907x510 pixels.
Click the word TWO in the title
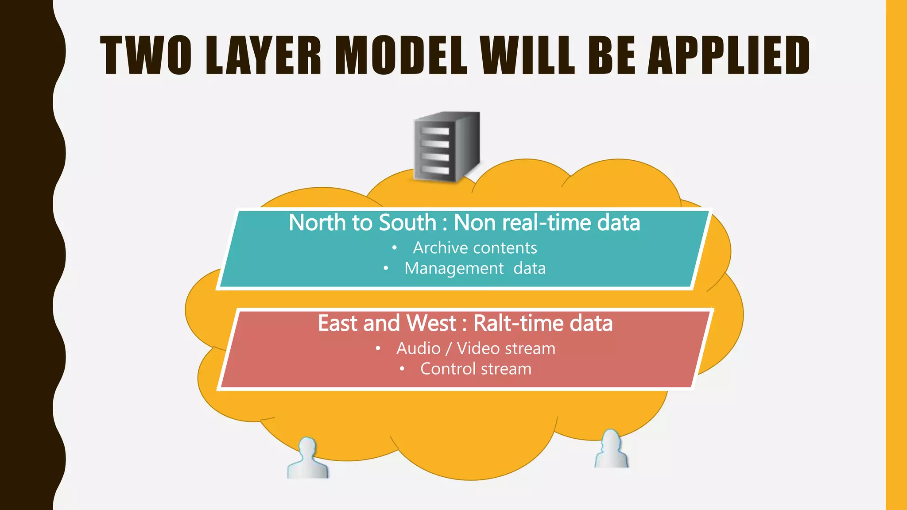146,55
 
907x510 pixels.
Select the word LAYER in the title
264,55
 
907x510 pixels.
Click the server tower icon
446,147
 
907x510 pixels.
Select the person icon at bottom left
308,459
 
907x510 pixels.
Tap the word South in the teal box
407,222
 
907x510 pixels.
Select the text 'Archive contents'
475,248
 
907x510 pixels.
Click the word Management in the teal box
454,268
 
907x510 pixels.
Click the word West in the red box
431,323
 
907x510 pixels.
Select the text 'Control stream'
476,369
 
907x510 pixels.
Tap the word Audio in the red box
418,348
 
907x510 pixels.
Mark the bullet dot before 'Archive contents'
394,248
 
